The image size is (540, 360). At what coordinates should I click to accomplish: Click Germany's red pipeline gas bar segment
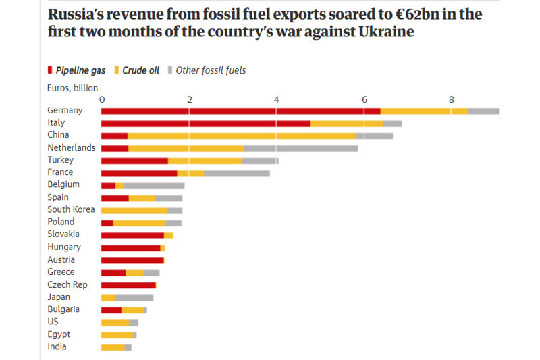click(x=240, y=111)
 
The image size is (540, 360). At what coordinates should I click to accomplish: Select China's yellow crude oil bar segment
click(x=242, y=136)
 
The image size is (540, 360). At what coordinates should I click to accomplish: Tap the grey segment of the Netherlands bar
click(x=300, y=148)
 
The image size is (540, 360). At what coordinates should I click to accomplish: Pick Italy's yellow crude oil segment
click(x=347, y=124)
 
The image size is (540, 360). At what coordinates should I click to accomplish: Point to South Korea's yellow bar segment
click(x=134, y=210)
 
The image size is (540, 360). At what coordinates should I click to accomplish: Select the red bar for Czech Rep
click(x=128, y=285)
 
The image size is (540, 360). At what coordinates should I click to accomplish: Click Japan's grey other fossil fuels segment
click(x=134, y=297)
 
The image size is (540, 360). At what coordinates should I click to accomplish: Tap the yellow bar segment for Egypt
click(x=117, y=335)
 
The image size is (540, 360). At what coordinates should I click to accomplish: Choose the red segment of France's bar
click(x=139, y=173)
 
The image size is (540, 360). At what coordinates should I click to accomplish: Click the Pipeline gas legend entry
click(x=76, y=70)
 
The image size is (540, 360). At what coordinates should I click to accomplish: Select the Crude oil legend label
click(x=140, y=70)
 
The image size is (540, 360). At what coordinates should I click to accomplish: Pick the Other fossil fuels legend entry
click(x=210, y=70)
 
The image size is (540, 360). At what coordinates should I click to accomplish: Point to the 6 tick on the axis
click(x=364, y=99)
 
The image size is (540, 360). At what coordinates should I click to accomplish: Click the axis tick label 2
click(x=190, y=99)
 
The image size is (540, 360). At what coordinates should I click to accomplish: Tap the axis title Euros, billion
click(x=72, y=88)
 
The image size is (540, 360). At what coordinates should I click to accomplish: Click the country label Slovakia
click(x=63, y=234)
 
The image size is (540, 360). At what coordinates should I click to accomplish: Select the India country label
click(x=57, y=347)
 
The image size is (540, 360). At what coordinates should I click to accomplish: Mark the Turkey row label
click(x=61, y=160)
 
